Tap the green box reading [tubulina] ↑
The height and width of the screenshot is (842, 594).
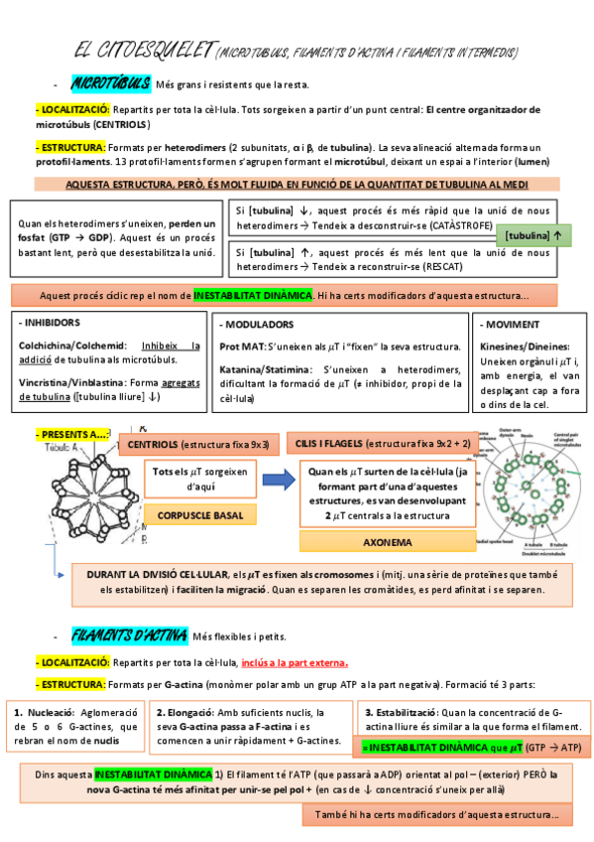click(538, 235)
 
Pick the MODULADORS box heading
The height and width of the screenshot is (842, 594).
click(258, 325)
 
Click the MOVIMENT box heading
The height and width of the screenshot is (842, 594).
click(514, 325)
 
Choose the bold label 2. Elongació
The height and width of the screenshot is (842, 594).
click(185, 713)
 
